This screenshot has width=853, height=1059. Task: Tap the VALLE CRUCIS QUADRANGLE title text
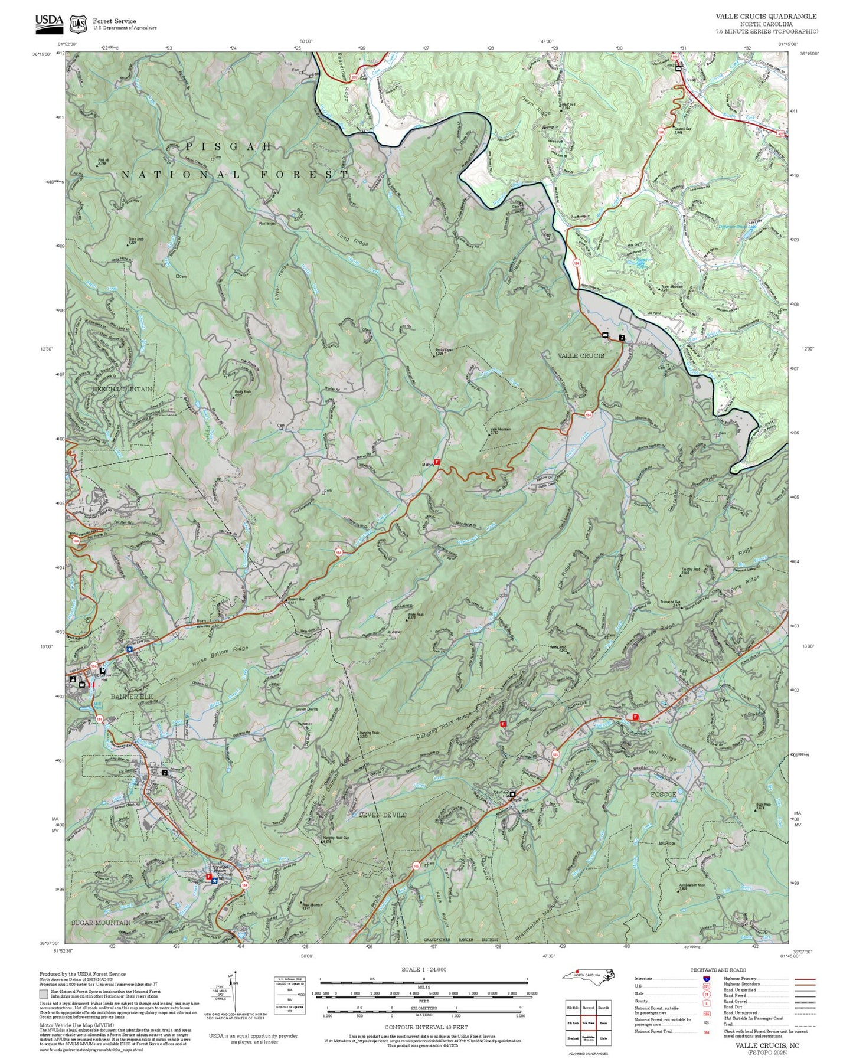[766, 17]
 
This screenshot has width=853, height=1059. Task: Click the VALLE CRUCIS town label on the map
[581, 355]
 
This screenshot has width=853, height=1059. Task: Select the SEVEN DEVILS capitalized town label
[383, 815]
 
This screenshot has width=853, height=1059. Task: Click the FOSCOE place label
[663, 795]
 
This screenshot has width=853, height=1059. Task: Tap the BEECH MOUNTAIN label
[122, 390]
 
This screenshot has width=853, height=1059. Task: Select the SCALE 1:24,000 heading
[423, 969]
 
